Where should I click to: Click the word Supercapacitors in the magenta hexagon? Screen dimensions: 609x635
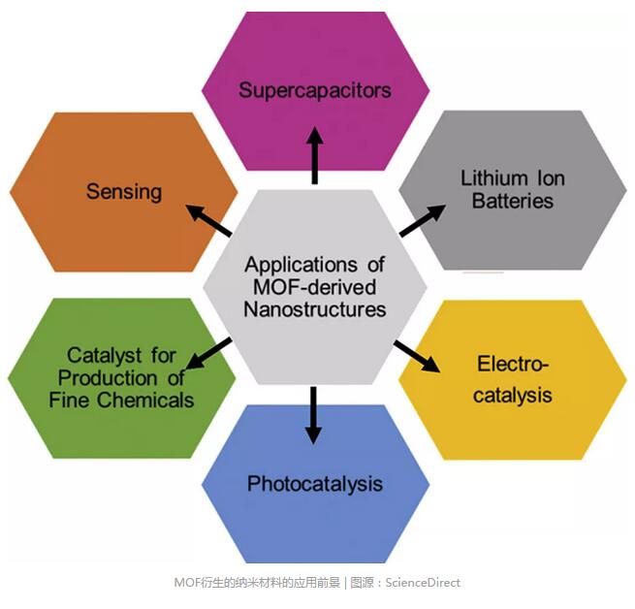point(315,90)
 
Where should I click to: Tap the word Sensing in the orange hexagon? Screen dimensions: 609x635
point(124,191)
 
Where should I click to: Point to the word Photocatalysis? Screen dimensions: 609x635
point(314,483)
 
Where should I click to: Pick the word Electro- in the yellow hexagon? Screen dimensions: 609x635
point(514,365)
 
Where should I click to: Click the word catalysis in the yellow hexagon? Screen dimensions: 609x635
point(513,395)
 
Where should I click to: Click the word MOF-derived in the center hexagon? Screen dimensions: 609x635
point(315,287)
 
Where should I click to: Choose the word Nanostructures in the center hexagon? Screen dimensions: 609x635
point(315,309)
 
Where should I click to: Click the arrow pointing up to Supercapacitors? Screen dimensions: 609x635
point(314,155)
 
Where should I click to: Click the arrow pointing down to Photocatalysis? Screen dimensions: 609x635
point(312,415)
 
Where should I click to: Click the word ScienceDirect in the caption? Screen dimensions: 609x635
point(423,583)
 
